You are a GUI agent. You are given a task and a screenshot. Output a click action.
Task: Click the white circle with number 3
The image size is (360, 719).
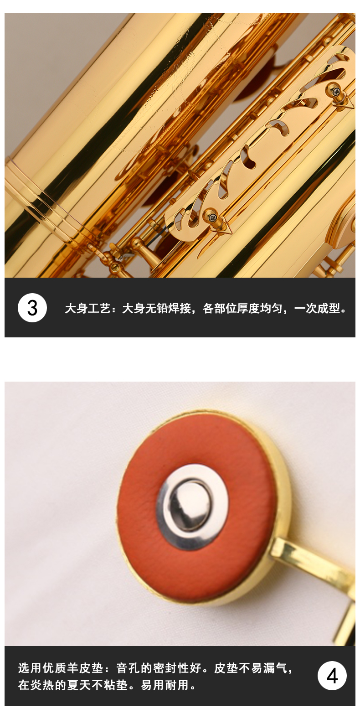pos(32,307)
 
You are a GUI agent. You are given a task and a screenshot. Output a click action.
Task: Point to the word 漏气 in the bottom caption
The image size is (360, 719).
pos(275,668)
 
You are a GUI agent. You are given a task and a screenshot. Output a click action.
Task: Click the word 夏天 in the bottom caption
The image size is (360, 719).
pos(79,685)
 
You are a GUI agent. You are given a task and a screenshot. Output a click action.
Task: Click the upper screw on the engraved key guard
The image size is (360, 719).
pos(336,91)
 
